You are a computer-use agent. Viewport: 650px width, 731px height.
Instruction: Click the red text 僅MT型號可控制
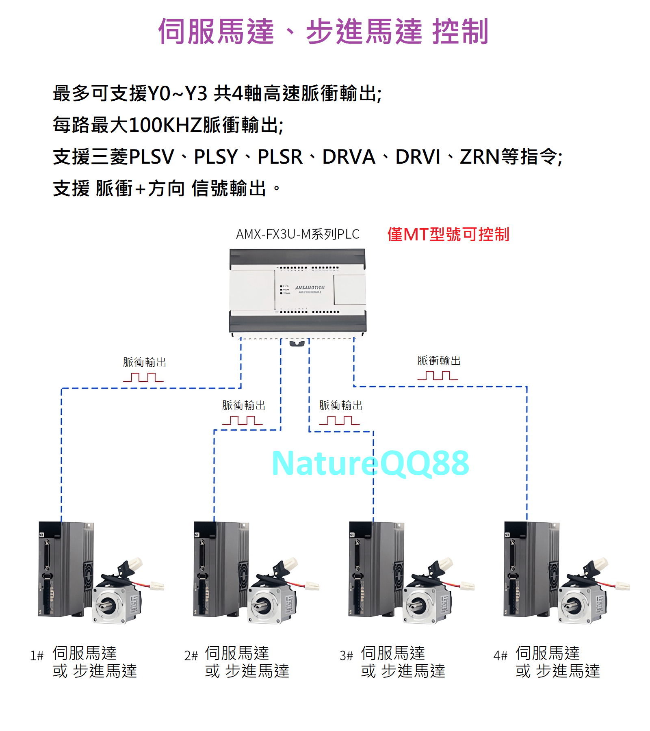[448, 234]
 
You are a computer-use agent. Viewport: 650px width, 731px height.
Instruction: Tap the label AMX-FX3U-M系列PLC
[298, 234]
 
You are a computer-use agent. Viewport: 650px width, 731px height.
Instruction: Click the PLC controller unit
[298, 292]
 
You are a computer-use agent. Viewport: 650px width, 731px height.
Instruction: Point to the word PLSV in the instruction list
[151, 157]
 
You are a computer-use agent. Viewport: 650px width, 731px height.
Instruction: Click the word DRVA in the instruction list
[349, 157]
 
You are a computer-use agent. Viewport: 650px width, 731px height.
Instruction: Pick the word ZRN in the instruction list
[479, 157]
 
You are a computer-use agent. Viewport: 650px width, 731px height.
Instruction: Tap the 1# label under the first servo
[37, 655]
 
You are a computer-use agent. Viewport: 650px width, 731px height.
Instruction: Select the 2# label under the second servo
[191, 655]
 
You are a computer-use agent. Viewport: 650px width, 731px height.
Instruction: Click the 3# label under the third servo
[346, 655]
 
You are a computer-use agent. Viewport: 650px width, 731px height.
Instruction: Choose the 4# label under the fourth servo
[500, 655]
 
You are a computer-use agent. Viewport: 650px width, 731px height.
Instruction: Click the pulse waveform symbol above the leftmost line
[143, 377]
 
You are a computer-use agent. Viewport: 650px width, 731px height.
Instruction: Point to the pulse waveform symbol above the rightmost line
[438, 376]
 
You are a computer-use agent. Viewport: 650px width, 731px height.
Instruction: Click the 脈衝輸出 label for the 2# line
[243, 405]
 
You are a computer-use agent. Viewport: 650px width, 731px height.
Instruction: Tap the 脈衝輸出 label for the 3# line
[340, 405]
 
